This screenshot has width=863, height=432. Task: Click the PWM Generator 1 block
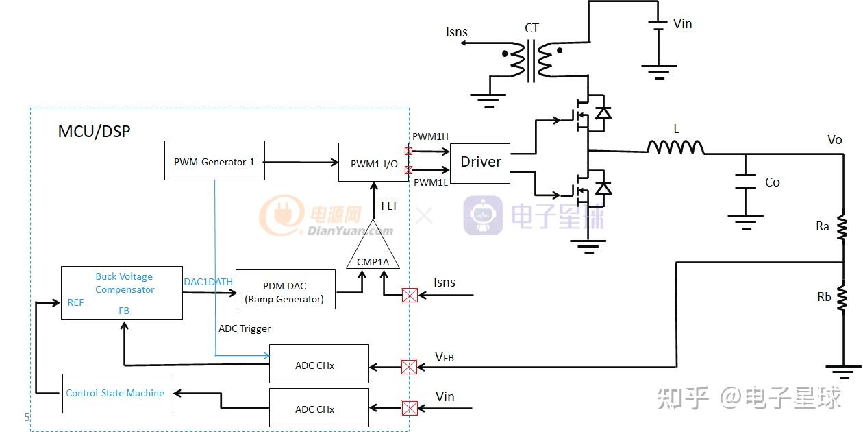pyautogui.click(x=214, y=161)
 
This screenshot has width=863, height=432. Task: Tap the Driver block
pyautogui.click(x=480, y=163)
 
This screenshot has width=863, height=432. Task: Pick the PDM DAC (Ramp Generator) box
pyautogui.click(x=285, y=289)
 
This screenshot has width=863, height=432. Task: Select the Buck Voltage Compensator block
pyautogui.click(x=122, y=293)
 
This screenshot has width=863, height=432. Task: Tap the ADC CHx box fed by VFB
pyautogui.click(x=318, y=364)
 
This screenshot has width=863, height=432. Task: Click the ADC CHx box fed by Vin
pyautogui.click(x=318, y=408)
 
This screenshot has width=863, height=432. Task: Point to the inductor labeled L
pyautogui.click(x=675, y=147)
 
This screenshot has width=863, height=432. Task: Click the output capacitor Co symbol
pyautogui.click(x=745, y=182)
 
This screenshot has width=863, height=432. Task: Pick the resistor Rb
pyautogui.click(x=842, y=298)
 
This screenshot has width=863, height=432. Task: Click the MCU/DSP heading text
pyautogui.click(x=94, y=132)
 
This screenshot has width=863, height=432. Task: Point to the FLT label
pyautogui.click(x=389, y=206)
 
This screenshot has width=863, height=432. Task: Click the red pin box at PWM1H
pyautogui.click(x=409, y=151)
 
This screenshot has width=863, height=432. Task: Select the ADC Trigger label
pyautogui.click(x=245, y=329)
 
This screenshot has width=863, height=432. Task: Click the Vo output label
pyautogui.click(x=834, y=140)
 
